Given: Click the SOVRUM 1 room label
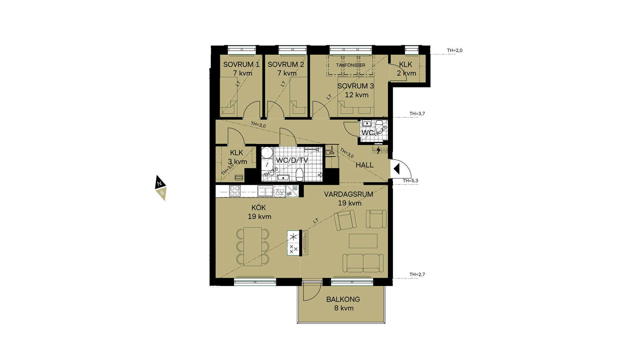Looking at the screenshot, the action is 241,64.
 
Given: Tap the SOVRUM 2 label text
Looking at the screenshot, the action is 286,64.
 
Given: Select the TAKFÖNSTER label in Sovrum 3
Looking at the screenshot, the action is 351,65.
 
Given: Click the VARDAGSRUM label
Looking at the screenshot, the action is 349,194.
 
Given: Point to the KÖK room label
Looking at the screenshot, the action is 259,208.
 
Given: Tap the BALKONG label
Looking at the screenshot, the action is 343,299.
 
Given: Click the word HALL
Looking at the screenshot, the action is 365,165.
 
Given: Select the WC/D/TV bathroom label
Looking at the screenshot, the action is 292,160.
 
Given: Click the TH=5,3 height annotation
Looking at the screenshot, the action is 410,181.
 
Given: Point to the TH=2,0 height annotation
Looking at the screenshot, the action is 455,50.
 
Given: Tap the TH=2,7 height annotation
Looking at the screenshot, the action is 417,274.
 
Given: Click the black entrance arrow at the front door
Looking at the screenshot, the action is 397,169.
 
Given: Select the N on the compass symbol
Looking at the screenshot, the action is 159,184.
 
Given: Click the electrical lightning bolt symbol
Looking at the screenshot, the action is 379,150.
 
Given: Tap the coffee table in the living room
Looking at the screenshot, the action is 363,241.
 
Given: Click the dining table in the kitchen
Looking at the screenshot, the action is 253,246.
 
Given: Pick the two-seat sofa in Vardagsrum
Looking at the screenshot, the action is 363,263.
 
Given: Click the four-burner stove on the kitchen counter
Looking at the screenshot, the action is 235,191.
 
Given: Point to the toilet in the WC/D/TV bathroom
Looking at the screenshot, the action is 300,174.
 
